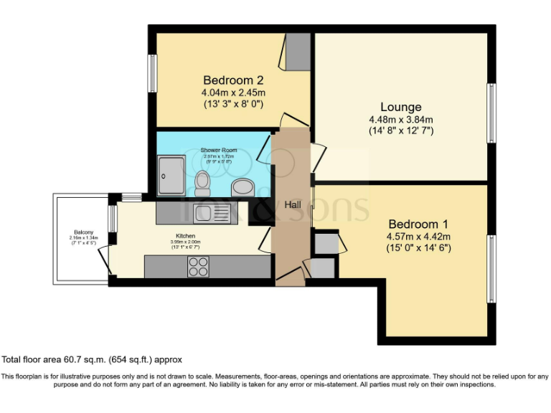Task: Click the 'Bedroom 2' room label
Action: pos(234,80)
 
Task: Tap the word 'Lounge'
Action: pos(401,108)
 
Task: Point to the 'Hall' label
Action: pos(293,205)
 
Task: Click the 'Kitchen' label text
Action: pos(186,235)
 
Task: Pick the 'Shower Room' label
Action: pos(219,151)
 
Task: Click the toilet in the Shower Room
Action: pos(202,184)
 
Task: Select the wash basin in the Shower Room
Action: pos(242,188)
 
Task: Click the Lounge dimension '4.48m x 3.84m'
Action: pos(401,120)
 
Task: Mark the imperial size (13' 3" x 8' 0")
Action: pos(234,104)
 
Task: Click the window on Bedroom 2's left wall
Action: pos(153,74)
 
